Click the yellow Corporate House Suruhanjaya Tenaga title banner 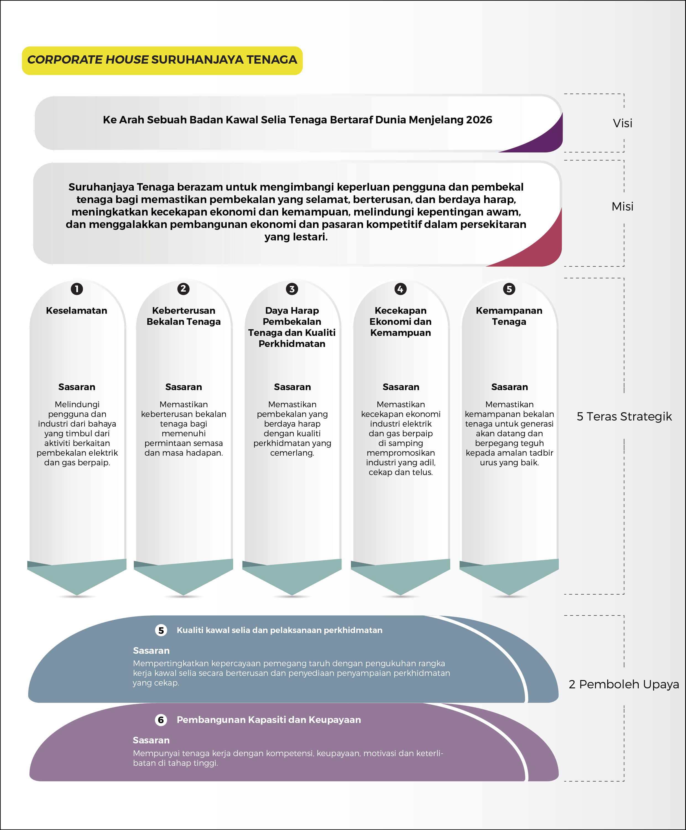pyautogui.click(x=162, y=61)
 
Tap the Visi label pyautogui.click(x=622, y=123)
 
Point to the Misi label pyautogui.click(x=622, y=206)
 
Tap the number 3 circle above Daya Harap pyautogui.click(x=292, y=289)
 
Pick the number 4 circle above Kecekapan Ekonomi pyautogui.click(x=400, y=289)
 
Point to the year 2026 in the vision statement pyautogui.click(x=479, y=120)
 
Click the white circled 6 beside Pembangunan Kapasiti pyautogui.click(x=161, y=720)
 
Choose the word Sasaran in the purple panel pyautogui.click(x=151, y=740)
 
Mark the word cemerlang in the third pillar pyautogui.click(x=292, y=453)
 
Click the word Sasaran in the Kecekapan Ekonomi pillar pyautogui.click(x=401, y=387)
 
